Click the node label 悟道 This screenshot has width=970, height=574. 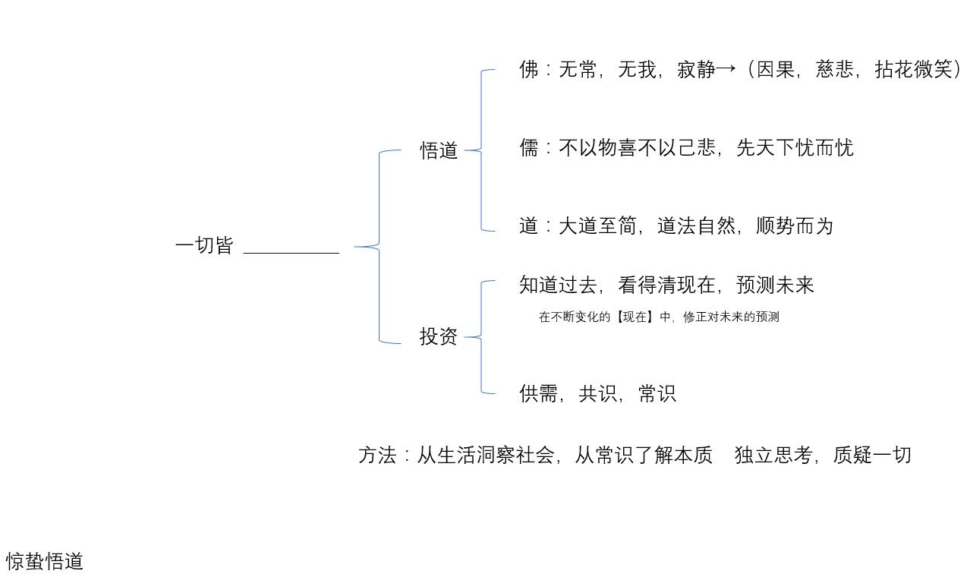point(439,150)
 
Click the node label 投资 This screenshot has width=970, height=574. point(439,336)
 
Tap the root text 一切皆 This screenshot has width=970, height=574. point(204,246)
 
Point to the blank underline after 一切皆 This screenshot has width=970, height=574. point(291,251)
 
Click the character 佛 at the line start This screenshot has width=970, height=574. point(528,71)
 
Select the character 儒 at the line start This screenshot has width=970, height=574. point(528,148)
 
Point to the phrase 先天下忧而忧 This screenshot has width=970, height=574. point(795,148)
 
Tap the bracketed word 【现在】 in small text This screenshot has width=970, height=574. point(635,317)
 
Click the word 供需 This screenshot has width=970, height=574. point(538,394)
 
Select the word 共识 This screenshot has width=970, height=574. point(597,394)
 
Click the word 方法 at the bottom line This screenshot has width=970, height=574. point(377,456)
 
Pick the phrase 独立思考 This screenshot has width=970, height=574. point(773,456)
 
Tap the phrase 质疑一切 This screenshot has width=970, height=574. point(872,456)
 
